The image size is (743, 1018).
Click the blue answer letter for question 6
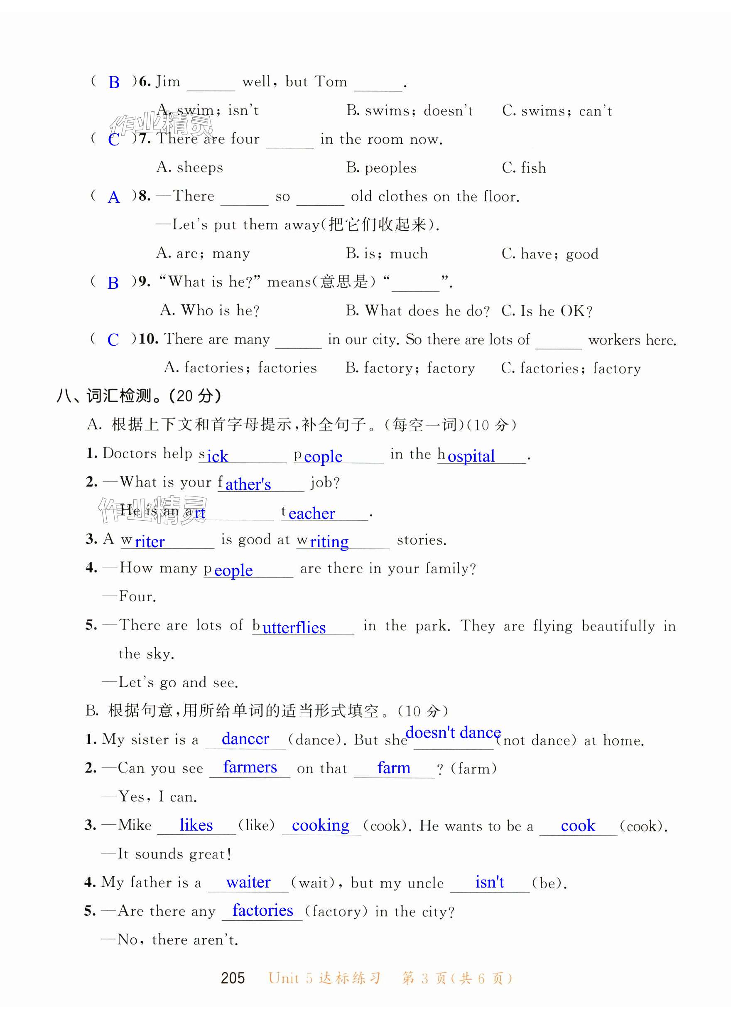coord(114,82)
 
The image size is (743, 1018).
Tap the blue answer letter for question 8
coord(114,197)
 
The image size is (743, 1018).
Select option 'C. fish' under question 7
coord(524,168)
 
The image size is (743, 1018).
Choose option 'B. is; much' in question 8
coord(387,254)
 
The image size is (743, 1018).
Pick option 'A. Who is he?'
coord(210,310)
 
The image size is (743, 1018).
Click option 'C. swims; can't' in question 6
coord(557,111)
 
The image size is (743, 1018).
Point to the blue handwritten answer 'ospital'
coord(471,456)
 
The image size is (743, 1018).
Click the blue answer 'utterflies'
coord(294,627)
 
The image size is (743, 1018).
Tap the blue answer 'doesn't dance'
coord(453,733)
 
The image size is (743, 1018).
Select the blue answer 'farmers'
coord(250,767)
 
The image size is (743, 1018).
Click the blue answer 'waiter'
coord(248,882)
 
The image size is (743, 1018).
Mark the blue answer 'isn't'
coord(490,882)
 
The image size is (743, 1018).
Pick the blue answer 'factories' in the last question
coord(262,910)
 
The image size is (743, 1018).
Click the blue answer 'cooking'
coord(320,825)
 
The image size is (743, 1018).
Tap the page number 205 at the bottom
coord(233,978)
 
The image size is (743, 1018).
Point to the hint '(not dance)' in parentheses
coord(536,740)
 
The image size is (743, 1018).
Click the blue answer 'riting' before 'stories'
coord(329,541)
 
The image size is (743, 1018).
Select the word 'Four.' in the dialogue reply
coord(137,597)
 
